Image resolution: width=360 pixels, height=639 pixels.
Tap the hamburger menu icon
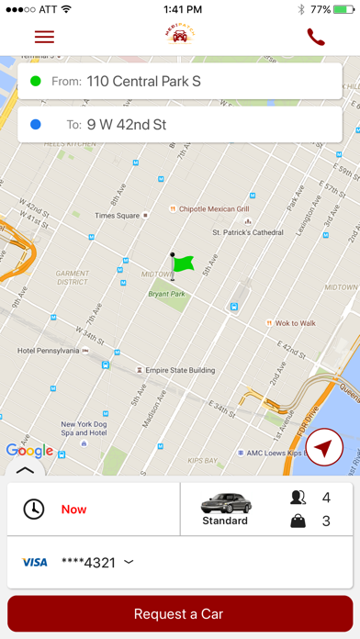coord(44,37)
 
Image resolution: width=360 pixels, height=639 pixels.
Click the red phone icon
coord(316,37)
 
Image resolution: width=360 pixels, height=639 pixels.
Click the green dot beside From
coord(36,82)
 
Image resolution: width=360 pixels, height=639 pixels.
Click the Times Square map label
coord(117,216)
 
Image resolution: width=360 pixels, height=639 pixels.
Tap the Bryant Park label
coord(166,294)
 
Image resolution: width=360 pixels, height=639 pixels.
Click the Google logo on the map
coord(29,450)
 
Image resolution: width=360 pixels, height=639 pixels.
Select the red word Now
coord(74,509)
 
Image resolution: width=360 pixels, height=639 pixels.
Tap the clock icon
coord(34,509)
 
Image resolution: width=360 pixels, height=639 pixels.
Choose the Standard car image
coord(225,502)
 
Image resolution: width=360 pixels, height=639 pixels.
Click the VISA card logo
coord(35,562)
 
